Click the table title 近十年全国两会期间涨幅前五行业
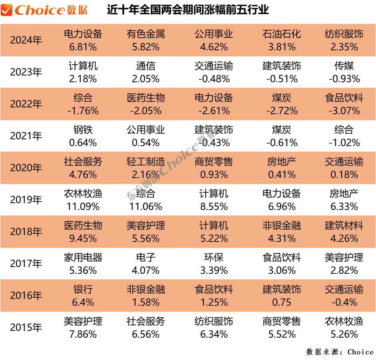tap(188, 10)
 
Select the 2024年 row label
tap(26, 40)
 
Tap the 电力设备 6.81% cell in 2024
tap(83, 40)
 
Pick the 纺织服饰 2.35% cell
tap(344, 40)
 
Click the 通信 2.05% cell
tap(146, 72)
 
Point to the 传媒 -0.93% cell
tap(344, 72)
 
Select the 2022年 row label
tap(26, 104)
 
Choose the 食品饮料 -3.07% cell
tap(344, 104)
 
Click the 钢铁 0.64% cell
tap(83, 136)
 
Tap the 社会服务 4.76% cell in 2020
tap(83, 168)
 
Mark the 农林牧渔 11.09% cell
tap(83, 200)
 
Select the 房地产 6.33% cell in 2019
tap(344, 200)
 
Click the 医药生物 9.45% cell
tap(83, 232)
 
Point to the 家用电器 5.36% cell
tap(83, 264)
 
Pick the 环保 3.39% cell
tap(214, 264)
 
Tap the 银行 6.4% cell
tap(83, 296)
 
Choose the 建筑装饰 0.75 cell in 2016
tap(282, 296)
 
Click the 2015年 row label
tap(26, 328)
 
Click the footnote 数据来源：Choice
tap(340, 352)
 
